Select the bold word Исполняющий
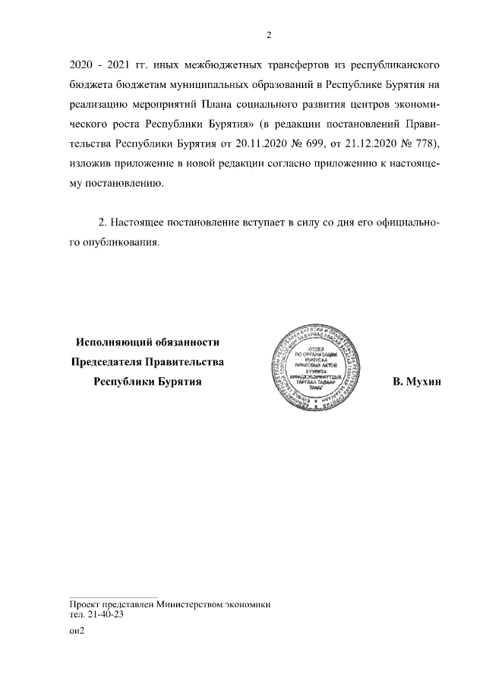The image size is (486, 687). click(118, 343)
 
